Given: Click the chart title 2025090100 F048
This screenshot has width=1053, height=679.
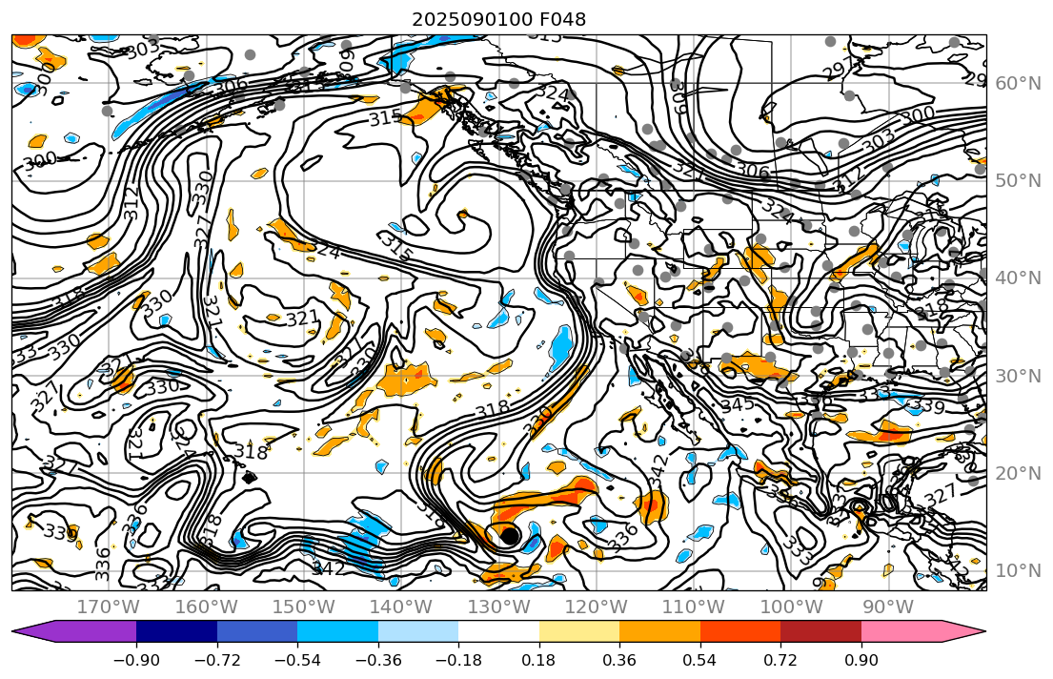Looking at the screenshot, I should (x=498, y=19).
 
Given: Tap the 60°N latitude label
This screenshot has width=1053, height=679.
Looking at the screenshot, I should (x=1018, y=84).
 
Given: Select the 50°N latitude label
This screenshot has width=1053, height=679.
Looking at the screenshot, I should (x=1018, y=181).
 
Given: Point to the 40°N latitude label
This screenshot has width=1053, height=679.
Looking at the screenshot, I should (x=1018, y=278).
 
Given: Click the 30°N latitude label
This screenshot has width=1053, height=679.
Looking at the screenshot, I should (x=1018, y=376).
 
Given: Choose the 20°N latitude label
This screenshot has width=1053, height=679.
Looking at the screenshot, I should (x=1018, y=473).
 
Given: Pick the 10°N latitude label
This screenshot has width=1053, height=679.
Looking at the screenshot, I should (x=1018, y=570).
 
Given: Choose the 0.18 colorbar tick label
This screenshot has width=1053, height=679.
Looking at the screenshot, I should (x=539, y=662).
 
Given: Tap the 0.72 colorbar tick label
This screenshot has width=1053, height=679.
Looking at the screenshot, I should (x=780, y=662).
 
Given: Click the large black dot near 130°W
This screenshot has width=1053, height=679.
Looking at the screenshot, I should (x=509, y=536).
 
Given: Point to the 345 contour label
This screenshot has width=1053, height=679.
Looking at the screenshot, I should (x=737, y=404).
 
